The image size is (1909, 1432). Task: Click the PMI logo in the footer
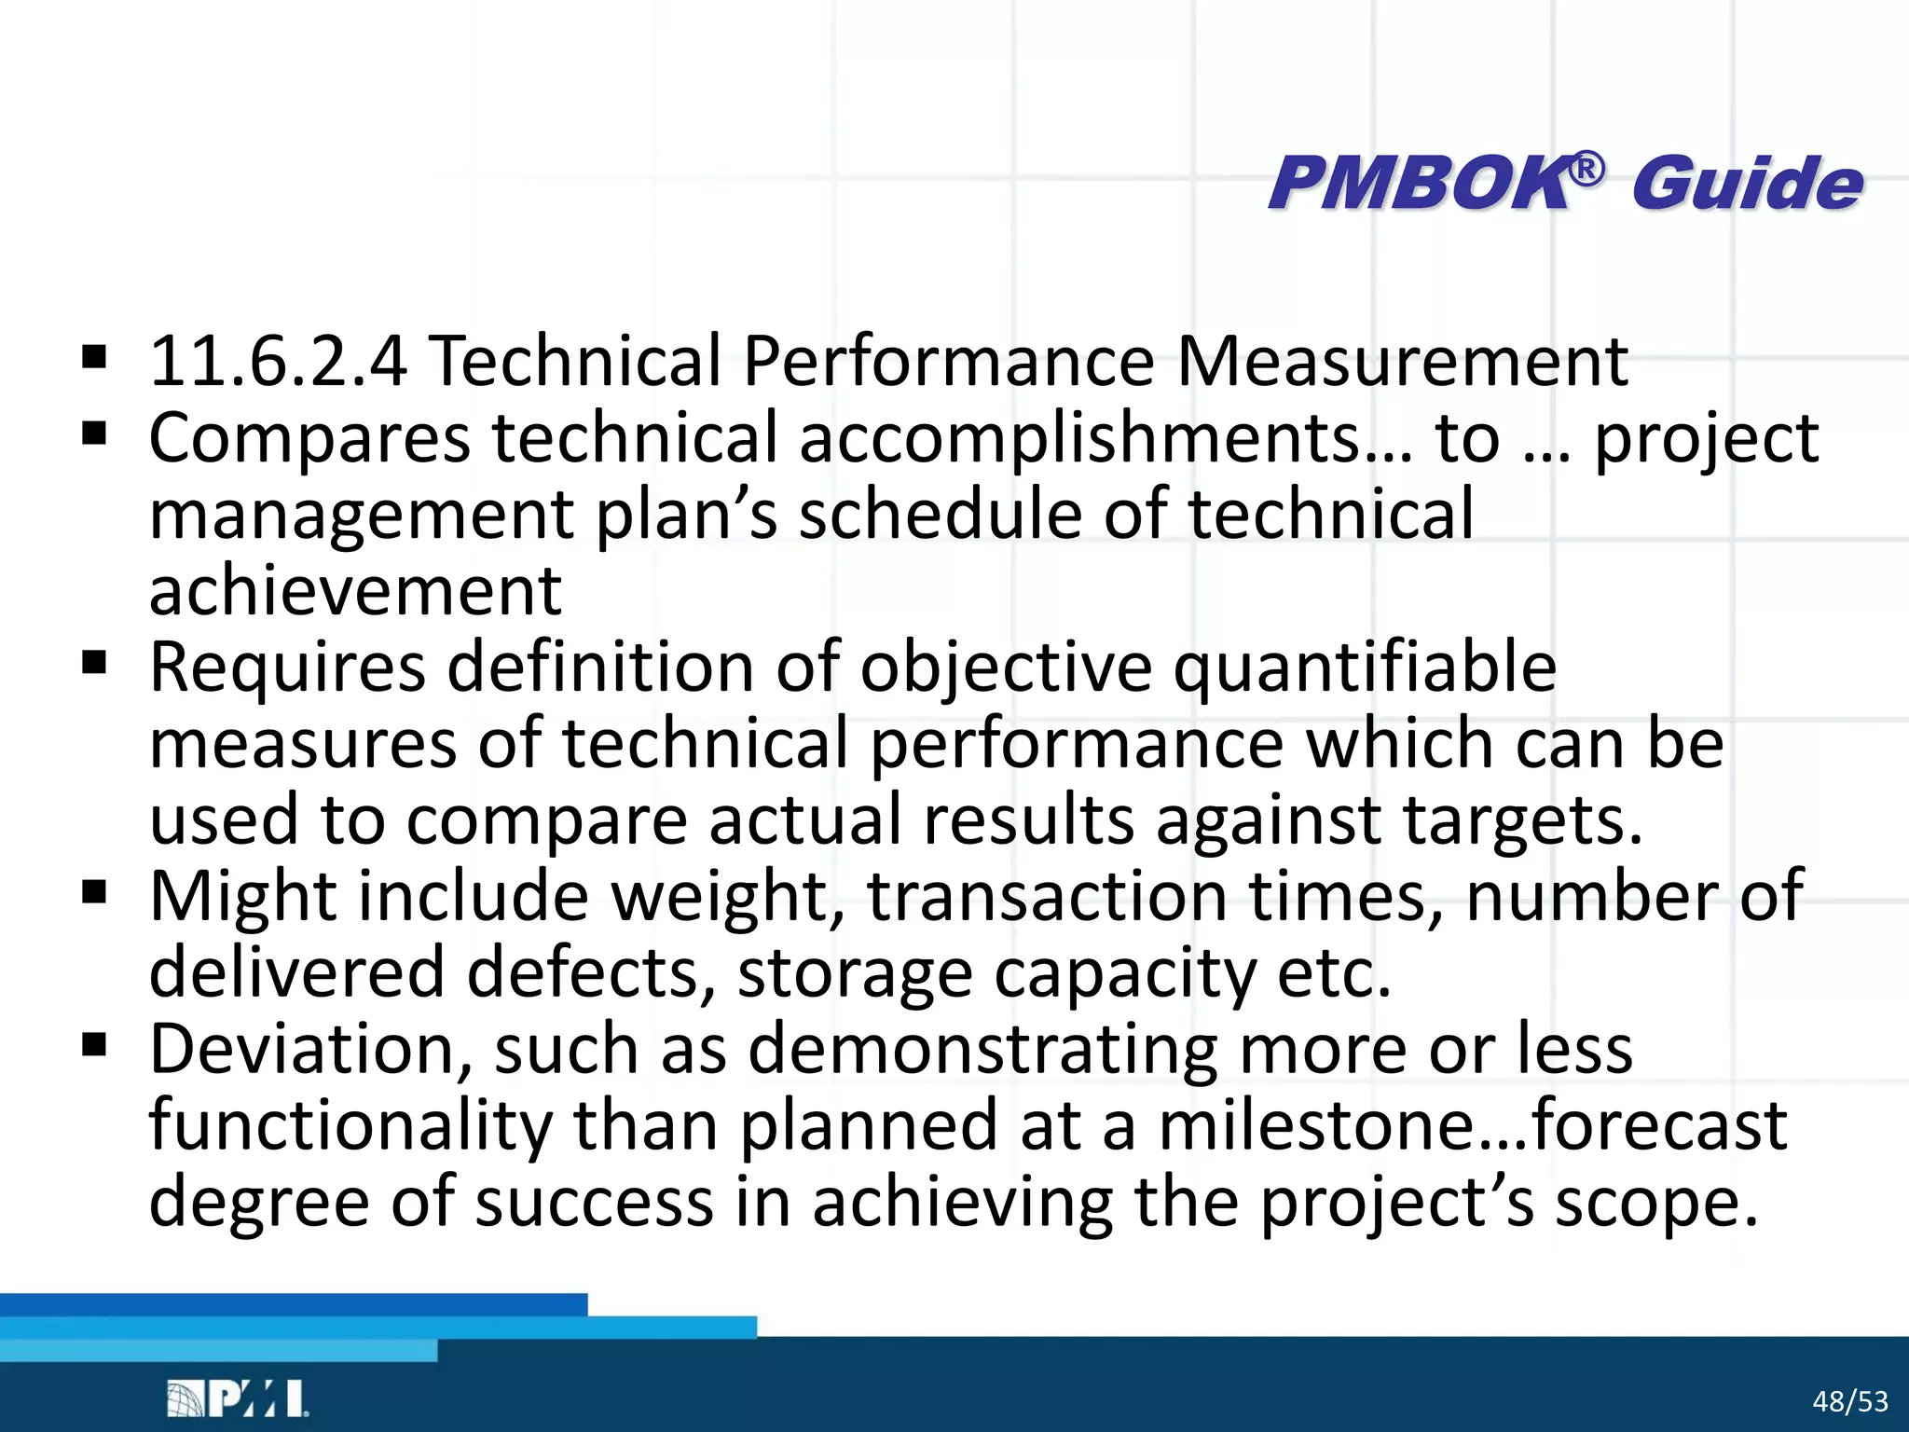point(238,1398)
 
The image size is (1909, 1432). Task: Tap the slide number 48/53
point(1850,1401)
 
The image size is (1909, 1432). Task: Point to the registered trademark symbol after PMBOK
point(1587,169)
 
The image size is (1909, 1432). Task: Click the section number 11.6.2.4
point(278,361)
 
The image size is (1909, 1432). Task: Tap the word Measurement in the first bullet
point(1402,361)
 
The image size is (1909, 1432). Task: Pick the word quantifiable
point(1365,668)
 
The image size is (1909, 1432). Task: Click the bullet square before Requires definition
point(94,664)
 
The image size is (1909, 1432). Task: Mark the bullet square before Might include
point(94,892)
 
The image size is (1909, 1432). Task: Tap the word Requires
point(287,668)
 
